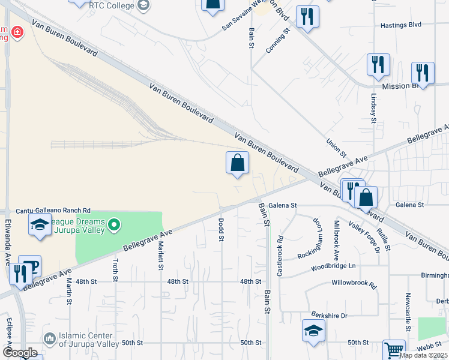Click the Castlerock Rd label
click(280, 256)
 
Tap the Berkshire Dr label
click(329, 314)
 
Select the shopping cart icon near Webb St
click(394, 349)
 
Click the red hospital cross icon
click(17, 31)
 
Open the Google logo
click(20, 352)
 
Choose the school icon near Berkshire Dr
click(314, 331)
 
